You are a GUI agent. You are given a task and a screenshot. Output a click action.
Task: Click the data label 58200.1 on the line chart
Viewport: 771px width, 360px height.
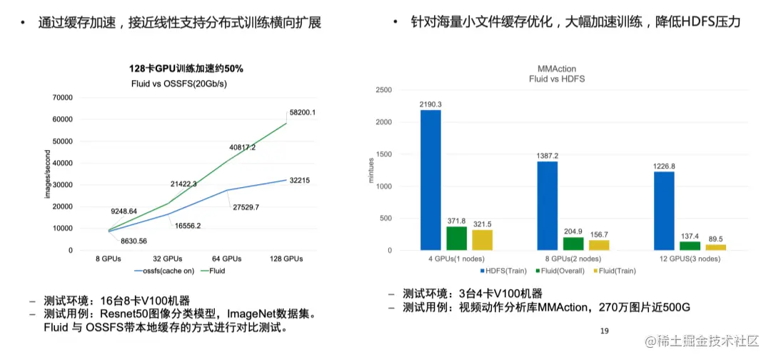click(302, 113)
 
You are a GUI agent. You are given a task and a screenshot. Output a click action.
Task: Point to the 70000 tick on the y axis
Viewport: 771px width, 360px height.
click(63, 97)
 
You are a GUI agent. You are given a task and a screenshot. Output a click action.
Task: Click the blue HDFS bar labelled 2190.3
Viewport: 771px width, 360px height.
click(430, 180)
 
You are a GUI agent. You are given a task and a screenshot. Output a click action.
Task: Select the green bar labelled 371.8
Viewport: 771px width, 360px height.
click(456, 238)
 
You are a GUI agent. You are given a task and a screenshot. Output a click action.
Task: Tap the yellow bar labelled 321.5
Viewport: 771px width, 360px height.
click(482, 240)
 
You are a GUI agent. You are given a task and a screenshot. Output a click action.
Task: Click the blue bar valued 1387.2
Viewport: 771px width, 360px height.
click(548, 206)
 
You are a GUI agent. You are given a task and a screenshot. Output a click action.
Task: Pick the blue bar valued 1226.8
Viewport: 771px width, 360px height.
click(665, 211)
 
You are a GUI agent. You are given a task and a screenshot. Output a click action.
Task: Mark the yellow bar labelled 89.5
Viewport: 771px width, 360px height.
click(715, 247)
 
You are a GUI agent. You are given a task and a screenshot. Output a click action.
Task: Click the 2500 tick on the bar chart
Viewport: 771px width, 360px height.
click(383, 91)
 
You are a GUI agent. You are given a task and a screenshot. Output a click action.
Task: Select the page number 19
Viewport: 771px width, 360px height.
click(604, 331)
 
